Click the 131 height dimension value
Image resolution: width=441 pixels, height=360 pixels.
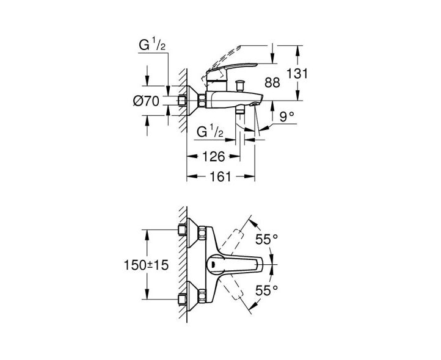pyautogui.click(x=297, y=74)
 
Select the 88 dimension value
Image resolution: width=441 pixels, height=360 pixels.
pyautogui.click(x=272, y=82)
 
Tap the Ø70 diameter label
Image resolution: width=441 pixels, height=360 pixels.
pyautogui.click(x=146, y=101)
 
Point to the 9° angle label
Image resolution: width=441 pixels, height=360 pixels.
pyautogui.click(x=287, y=117)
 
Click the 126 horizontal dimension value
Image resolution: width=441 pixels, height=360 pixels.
pyautogui.click(x=213, y=157)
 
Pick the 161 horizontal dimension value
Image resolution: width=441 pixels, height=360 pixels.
pyautogui.click(x=221, y=176)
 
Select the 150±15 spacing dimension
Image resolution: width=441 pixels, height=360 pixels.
pyautogui.click(x=146, y=265)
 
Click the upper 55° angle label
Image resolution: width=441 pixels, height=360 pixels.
pyautogui.click(x=267, y=239)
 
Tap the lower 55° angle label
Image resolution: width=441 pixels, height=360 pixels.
pyautogui.click(x=267, y=290)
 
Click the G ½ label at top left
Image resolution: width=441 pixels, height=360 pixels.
pyautogui.click(x=152, y=45)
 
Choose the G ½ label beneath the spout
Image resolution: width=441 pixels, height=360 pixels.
pyautogui.click(x=210, y=132)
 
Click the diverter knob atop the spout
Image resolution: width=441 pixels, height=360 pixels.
pyautogui.click(x=240, y=85)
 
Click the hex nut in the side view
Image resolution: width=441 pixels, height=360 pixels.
pyautogui.click(x=202, y=101)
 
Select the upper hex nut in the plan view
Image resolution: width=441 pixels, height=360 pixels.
pyautogui.click(x=202, y=233)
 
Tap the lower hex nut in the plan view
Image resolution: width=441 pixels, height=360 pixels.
pyautogui.click(x=202, y=296)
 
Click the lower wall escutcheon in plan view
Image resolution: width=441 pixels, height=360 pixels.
pyautogui.click(x=192, y=296)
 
